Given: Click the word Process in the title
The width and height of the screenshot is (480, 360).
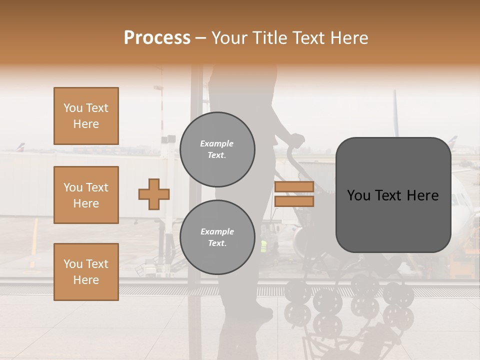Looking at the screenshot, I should point(157,38).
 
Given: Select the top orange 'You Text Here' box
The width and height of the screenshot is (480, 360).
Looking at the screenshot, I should point(86,116).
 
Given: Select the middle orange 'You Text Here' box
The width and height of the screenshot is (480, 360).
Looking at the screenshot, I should point(86,195).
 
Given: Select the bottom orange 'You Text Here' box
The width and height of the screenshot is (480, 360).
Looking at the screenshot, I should point(86,271).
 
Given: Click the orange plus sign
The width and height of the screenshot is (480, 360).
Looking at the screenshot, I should point(154,194).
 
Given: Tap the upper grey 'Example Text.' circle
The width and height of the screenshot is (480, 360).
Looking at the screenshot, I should point(217,149).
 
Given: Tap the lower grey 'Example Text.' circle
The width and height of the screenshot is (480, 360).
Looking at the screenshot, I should point(217,237).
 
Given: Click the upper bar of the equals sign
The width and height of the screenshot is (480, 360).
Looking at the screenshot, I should point(294,187).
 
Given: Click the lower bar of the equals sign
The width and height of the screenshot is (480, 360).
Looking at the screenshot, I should point(294,201).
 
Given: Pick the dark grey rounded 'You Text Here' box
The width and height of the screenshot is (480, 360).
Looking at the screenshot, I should point(393,195).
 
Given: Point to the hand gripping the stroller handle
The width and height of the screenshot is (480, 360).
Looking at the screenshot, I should point(297,140).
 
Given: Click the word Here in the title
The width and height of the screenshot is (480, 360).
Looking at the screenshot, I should point(348,38).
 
